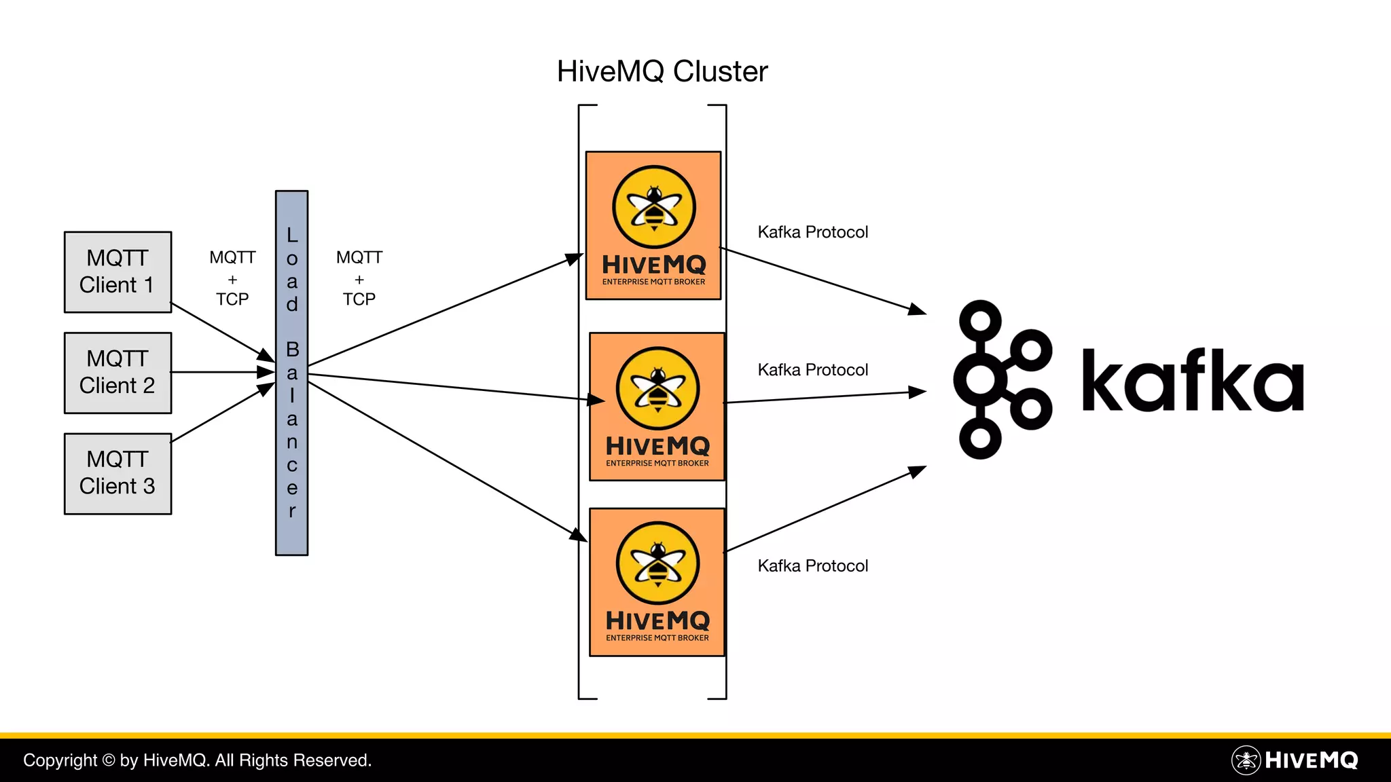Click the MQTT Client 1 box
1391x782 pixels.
click(118, 272)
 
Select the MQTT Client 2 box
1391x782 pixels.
click(118, 373)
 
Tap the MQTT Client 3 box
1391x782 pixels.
click(118, 473)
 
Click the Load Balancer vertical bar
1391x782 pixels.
click(291, 373)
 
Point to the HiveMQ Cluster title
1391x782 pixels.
click(662, 71)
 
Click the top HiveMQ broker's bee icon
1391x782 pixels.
click(654, 207)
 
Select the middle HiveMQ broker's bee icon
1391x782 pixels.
click(657, 388)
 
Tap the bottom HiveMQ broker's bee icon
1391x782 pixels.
click(657, 563)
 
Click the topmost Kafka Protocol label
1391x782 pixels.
click(812, 232)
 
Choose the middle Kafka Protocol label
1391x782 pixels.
click(812, 370)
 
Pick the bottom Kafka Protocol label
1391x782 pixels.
click(812, 566)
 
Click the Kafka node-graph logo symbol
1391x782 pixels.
click(1002, 379)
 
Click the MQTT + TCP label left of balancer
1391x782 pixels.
click(232, 278)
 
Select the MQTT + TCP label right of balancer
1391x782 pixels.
click(359, 278)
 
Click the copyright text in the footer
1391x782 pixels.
click(197, 760)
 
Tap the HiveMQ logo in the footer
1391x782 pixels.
click(1295, 760)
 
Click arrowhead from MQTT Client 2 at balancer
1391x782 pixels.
click(267, 372)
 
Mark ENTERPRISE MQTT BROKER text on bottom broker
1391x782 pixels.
click(657, 638)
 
